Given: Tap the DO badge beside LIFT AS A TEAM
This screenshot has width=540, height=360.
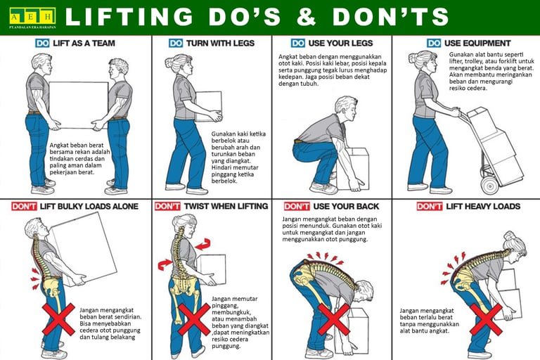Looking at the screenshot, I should (x=43, y=43).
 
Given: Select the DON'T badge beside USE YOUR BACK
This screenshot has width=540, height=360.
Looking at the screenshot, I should (x=297, y=206).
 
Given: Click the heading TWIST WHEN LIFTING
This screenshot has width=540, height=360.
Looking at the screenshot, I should (x=226, y=206).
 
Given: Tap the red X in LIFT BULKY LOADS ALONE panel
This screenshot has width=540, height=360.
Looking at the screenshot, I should (x=58, y=319).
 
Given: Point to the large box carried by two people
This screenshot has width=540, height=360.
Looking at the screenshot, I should (x=78, y=105).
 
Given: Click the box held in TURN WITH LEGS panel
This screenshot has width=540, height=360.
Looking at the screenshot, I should (x=209, y=106).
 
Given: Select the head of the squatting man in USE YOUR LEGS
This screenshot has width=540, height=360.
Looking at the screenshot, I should (x=345, y=108).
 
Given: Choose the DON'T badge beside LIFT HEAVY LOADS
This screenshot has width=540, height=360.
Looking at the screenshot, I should (x=429, y=206).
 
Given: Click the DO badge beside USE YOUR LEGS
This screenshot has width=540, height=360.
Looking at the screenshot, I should (x=298, y=43).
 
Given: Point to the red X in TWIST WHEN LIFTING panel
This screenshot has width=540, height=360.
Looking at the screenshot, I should (x=193, y=319).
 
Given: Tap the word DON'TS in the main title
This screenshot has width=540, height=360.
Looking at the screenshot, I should (x=400, y=17).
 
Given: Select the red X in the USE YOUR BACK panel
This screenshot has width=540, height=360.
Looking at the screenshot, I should (x=333, y=319).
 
